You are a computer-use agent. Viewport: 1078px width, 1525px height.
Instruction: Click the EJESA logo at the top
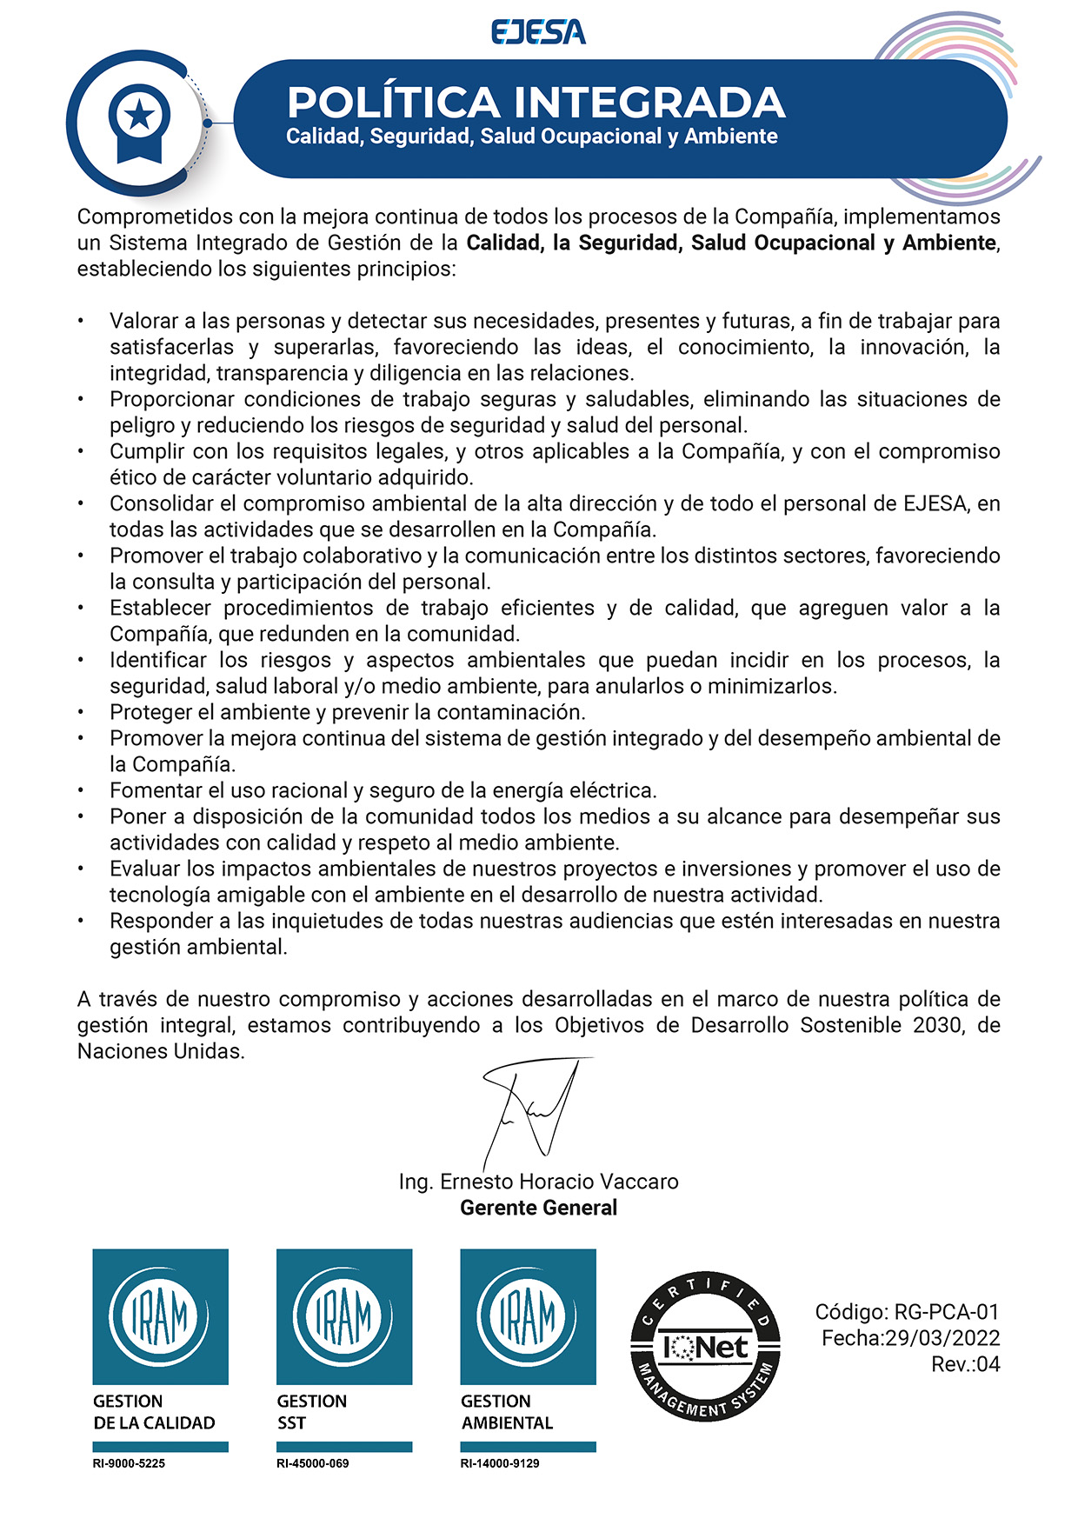click(538, 33)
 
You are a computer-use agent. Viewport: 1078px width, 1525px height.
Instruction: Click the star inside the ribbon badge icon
click(139, 116)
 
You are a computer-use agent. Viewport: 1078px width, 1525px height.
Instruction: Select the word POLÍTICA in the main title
click(393, 103)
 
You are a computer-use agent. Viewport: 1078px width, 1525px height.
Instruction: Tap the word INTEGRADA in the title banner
click(649, 103)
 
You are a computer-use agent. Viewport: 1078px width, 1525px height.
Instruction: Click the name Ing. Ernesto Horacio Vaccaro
click(538, 1182)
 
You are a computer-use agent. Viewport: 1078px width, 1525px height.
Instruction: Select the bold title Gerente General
click(538, 1208)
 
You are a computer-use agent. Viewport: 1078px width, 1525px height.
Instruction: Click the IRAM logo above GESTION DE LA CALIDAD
click(160, 1316)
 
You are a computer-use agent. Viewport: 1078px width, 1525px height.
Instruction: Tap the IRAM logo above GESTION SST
click(343, 1316)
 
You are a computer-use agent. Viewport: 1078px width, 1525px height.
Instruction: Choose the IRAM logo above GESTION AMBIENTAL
click(528, 1316)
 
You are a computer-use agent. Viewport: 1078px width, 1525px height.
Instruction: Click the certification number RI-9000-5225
click(129, 1463)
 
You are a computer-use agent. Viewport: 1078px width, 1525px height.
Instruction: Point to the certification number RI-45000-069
click(312, 1463)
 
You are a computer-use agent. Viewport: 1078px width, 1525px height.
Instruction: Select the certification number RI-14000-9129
click(499, 1463)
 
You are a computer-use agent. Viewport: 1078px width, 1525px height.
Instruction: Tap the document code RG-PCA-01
click(947, 1312)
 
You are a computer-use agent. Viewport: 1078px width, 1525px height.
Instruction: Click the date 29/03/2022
click(942, 1338)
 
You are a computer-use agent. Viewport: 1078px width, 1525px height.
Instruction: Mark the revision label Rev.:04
click(965, 1364)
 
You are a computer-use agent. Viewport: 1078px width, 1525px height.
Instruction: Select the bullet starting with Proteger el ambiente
click(347, 712)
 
